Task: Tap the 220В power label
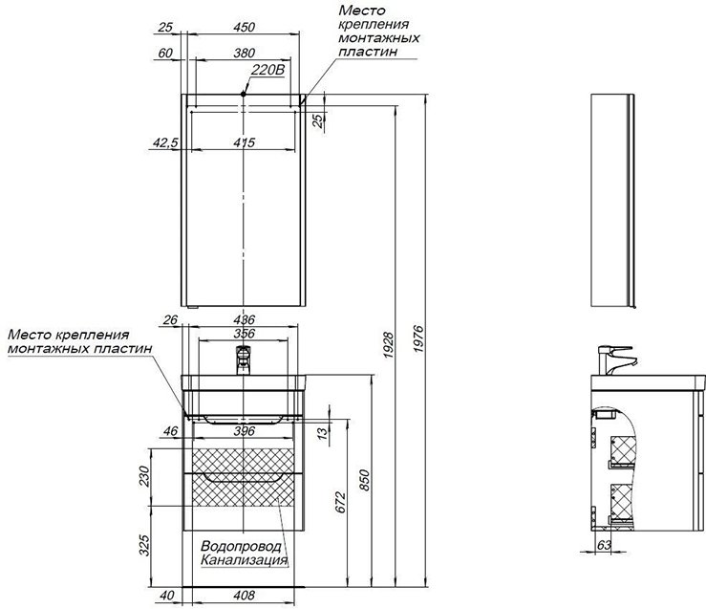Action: click(x=268, y=71)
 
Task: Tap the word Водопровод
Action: click(x=242, y=546)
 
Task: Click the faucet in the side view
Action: click(x=610, y=359)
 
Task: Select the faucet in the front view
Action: click(x=244, y=361)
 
